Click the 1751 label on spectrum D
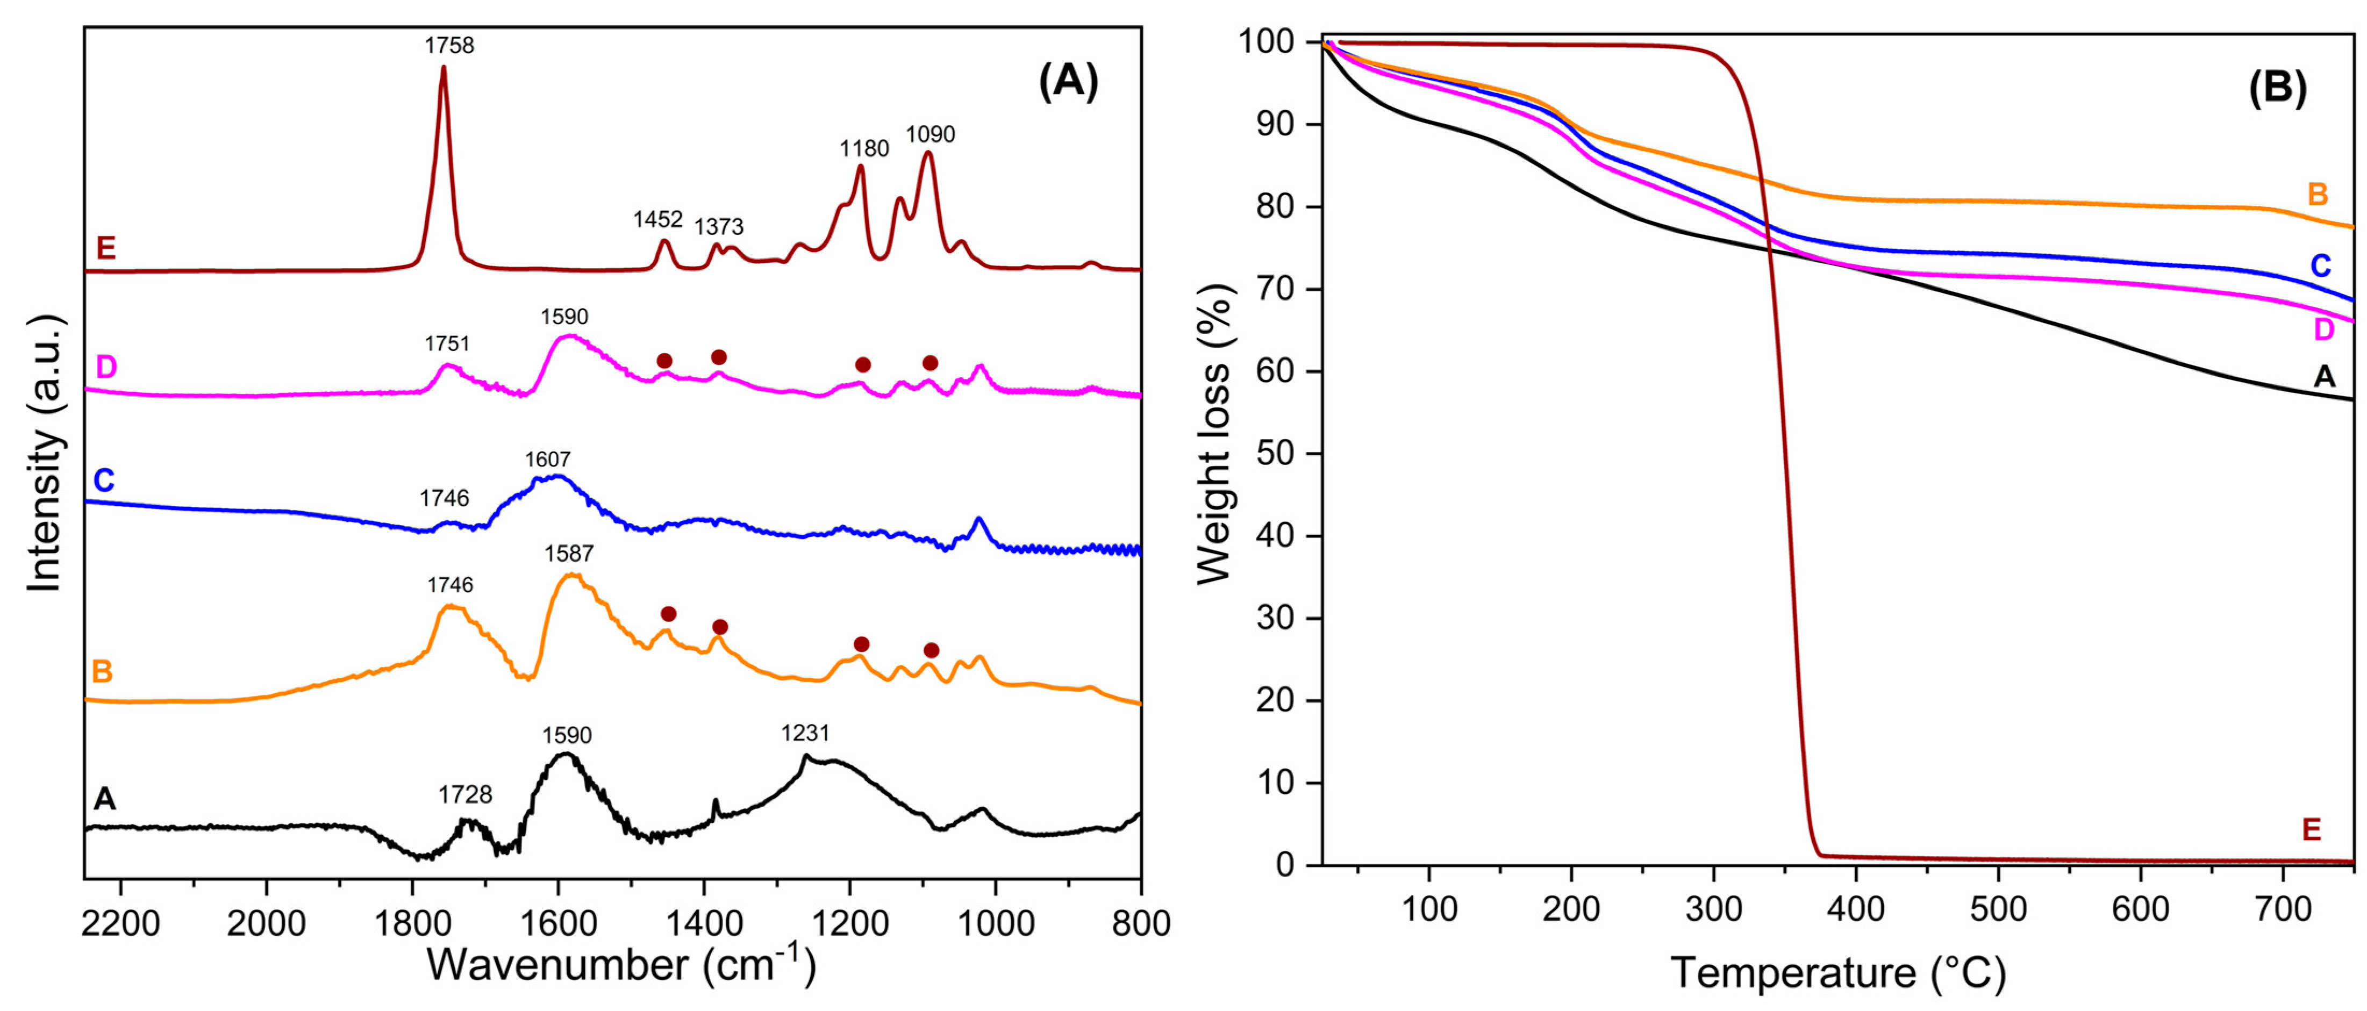(x=447, y=344)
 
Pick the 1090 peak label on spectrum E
(x=930, y=135)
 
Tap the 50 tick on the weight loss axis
(x=1277, y=454)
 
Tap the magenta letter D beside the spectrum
(x=106, y=368)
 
